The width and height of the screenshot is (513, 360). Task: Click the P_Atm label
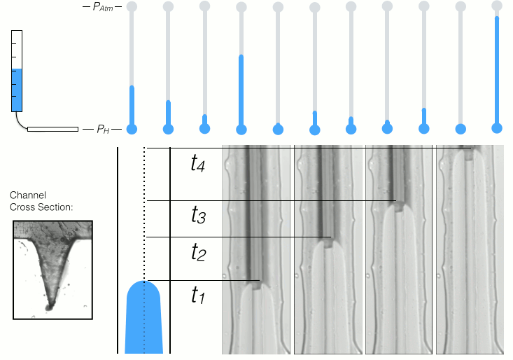click(102, 7)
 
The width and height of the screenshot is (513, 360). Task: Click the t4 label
click(199, 164)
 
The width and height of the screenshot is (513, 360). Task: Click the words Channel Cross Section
click(41, 202)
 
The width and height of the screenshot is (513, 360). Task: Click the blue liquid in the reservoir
click(17, 90)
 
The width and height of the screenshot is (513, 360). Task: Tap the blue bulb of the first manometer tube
click(131, 128)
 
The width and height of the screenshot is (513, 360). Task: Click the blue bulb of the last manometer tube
click(497, 128)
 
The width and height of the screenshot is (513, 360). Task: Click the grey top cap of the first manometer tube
click(131, 6)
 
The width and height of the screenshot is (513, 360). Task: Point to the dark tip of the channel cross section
click(49, 305)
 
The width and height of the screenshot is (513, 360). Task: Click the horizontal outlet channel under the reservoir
click(52, 130)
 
